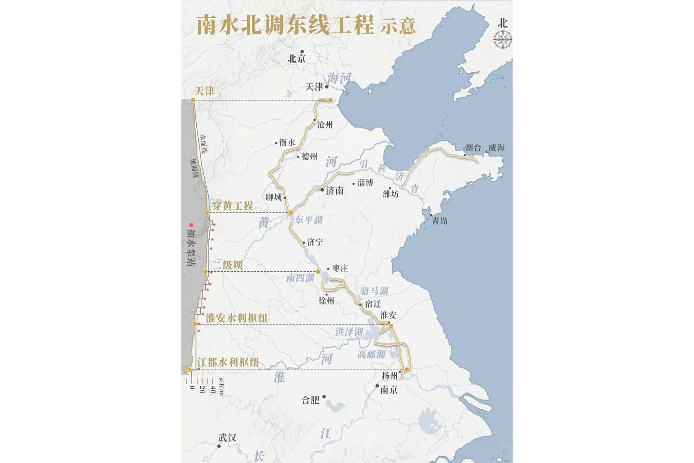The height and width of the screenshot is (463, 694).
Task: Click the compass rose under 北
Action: (503, 40)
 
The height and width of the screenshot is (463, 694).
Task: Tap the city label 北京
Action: (296, 59)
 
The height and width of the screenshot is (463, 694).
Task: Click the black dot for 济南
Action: (322, 189)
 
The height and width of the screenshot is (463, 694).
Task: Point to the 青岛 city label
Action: (440, 221)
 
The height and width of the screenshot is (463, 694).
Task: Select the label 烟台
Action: (473, 148)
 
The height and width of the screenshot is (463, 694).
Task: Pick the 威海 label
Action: (496, 148)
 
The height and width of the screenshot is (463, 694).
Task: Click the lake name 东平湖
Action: (308, 220)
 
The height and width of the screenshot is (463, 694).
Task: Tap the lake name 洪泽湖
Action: (349, 332)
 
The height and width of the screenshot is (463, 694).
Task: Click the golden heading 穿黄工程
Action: (232, 205)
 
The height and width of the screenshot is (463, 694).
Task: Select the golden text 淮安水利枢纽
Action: (236, 318)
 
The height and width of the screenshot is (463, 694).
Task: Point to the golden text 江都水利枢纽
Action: (228, 362)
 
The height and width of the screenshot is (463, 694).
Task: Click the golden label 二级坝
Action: (228, 265)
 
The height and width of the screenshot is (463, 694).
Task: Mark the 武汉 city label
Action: (227, 438)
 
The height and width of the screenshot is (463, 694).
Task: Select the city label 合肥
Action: (311, 400)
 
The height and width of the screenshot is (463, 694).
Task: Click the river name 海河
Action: (339, 78)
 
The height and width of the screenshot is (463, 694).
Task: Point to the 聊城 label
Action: (274, 197)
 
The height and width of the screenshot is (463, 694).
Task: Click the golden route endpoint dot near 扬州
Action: (407, 369)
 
